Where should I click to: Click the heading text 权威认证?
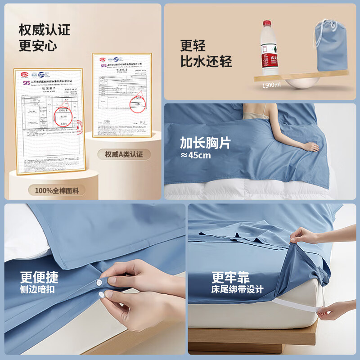click(45, 30)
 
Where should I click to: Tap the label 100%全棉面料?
click(57, 190)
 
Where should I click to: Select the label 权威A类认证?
click(124, 154)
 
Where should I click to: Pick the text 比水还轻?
click(206, 61)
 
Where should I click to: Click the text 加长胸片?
click(205, 143)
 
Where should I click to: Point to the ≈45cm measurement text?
click(195, 156)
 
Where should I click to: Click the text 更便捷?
click(39, 276)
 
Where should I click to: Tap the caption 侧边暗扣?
click(37, 289)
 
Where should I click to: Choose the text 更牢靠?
click(231, 276)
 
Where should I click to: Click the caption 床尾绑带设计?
click(238, 289)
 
